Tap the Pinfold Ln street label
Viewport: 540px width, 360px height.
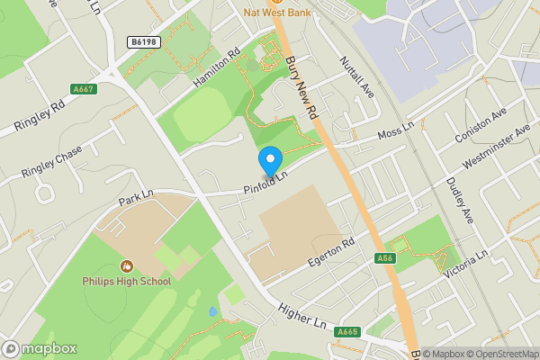click(265, 182)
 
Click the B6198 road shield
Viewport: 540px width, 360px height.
click(143, 42)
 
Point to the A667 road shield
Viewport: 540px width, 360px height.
click(83, 89)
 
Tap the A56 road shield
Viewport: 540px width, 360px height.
click(385, 258)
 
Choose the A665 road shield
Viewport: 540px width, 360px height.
click(347, 332)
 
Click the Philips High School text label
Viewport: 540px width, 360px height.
click(127, 282)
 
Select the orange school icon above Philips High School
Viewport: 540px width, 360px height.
click(127, 266)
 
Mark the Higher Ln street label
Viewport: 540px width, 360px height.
click(301, 316)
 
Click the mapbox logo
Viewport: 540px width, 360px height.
click(40, 348)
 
